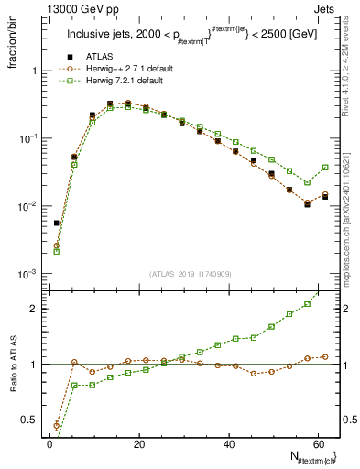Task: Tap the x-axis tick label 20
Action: click(x=138, y=443)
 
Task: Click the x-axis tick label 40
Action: click(x=228, y=443)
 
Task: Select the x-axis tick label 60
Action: click(x=318, y=443)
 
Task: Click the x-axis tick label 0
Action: click(x=49, y=443)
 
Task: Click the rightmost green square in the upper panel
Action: click(x=325, y=168)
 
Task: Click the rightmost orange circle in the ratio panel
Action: click(x=325, y=356)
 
